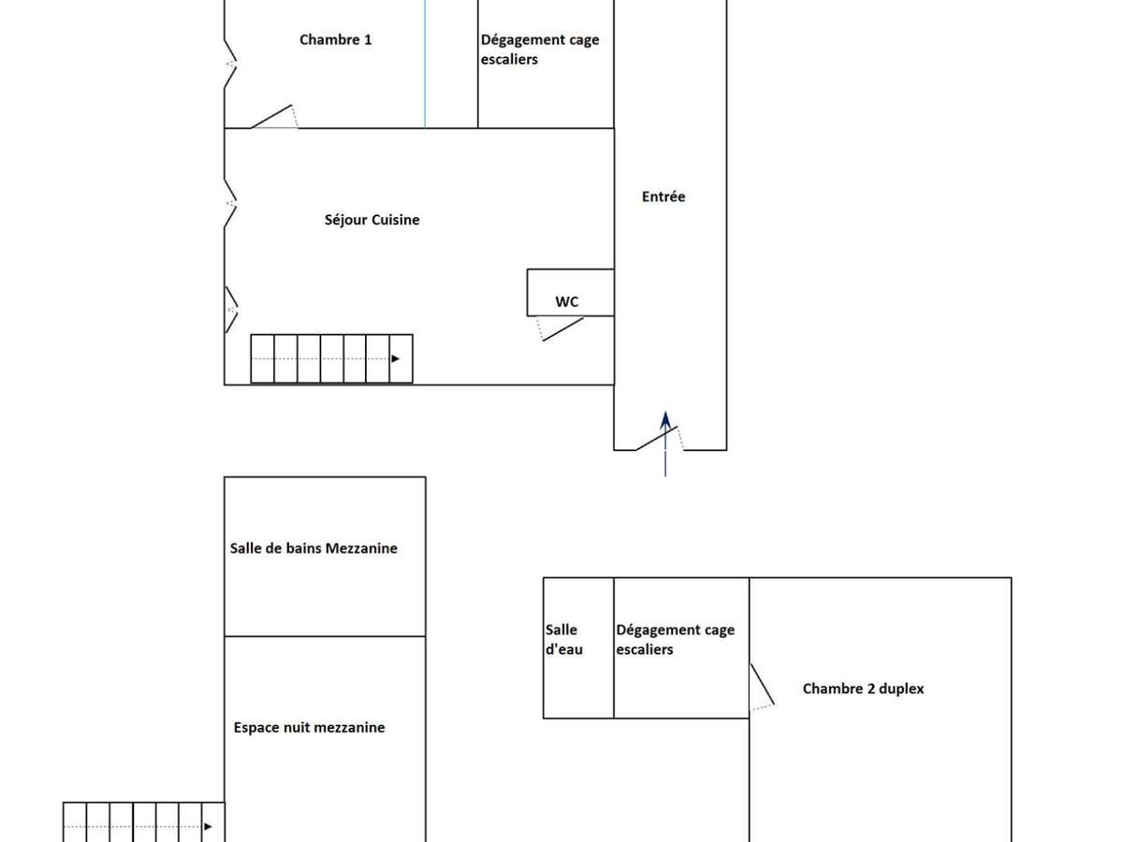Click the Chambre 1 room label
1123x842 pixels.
pos(335,39)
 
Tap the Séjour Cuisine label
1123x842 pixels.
pos(372,220)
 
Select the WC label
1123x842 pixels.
pos(566,301)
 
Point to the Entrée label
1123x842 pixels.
pos(664,196)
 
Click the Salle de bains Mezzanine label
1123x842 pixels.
pos(314,548)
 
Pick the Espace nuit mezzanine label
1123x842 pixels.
pos(309,727)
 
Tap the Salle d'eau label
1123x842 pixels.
pos(562,640)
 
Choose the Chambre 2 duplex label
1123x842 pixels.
pos(863,689)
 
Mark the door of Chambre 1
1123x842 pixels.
pos(274,117)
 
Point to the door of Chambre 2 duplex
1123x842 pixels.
pos(763,686)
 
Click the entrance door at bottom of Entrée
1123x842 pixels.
pos(659,438)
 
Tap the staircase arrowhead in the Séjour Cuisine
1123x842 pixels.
pos(397,358)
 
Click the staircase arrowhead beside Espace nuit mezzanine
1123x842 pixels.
pos(209,826)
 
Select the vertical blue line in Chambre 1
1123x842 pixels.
pos(425,64)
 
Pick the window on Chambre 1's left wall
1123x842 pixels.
pos(229,64)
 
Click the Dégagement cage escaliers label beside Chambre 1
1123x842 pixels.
pos(540,50)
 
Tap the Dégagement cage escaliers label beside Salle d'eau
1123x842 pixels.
pos(675,640)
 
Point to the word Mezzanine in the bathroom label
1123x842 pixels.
pos(361,548)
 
